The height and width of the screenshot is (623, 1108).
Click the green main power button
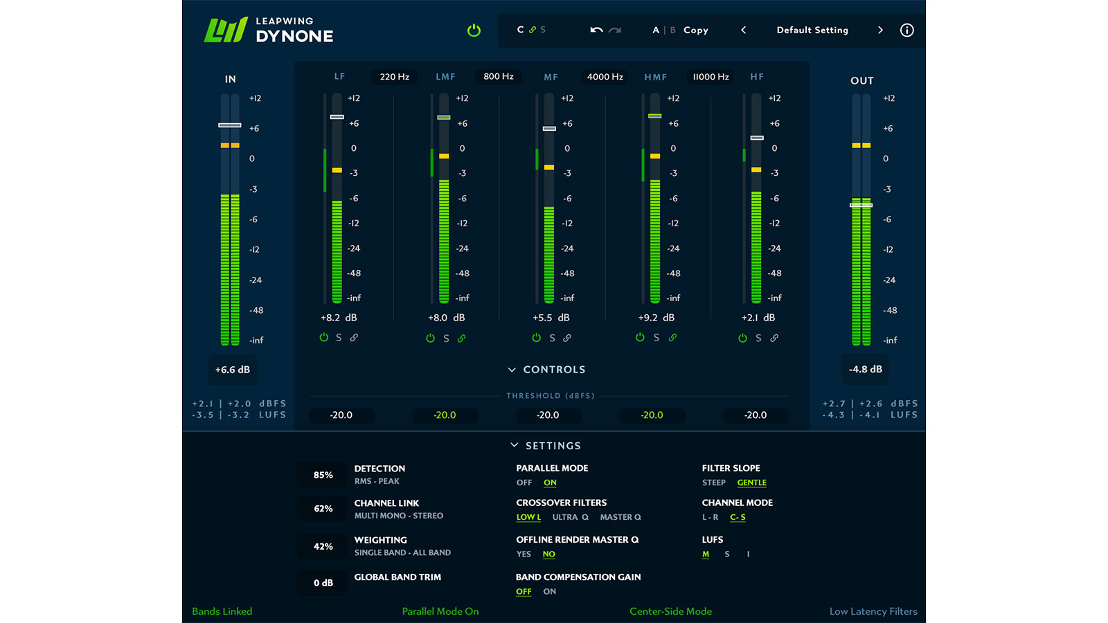click(474, 30)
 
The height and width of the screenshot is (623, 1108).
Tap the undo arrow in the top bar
click(596, 30)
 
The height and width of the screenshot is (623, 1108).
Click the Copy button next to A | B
click(695, 30)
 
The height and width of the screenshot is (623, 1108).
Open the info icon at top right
click(906, 30)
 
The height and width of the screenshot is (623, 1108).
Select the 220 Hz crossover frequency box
click(394, 77)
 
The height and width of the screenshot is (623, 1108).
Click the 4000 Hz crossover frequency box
click(605, 77)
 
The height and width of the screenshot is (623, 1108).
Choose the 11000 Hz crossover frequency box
click(711, 77)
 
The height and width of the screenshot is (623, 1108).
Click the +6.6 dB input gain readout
click(233, 370)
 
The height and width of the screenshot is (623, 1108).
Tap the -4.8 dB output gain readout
click(865, 369)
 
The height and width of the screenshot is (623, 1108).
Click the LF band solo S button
click(339, 338)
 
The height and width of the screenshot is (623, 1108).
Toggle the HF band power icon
click(742, 338)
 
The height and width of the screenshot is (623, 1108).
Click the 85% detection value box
click(323, 475)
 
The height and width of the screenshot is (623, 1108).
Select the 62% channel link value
click(323, 509)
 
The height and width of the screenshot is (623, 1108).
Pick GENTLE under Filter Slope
click(751, 482)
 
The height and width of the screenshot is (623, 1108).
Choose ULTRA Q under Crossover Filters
click(570, 517)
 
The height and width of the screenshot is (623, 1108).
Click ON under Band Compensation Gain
click(549, 591)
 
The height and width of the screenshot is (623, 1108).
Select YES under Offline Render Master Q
click(524, 554)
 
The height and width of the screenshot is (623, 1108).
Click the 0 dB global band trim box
click(323, 583)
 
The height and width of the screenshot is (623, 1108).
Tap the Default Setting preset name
click(812, 30)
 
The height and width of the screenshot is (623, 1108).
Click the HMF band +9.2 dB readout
click(656, 318)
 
